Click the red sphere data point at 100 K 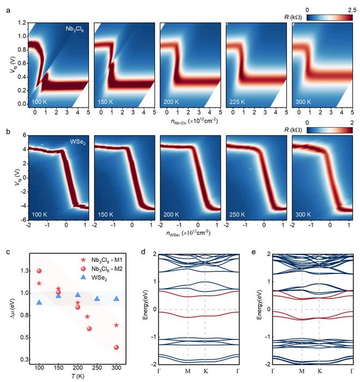point(39,271)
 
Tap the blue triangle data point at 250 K point(97,299)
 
